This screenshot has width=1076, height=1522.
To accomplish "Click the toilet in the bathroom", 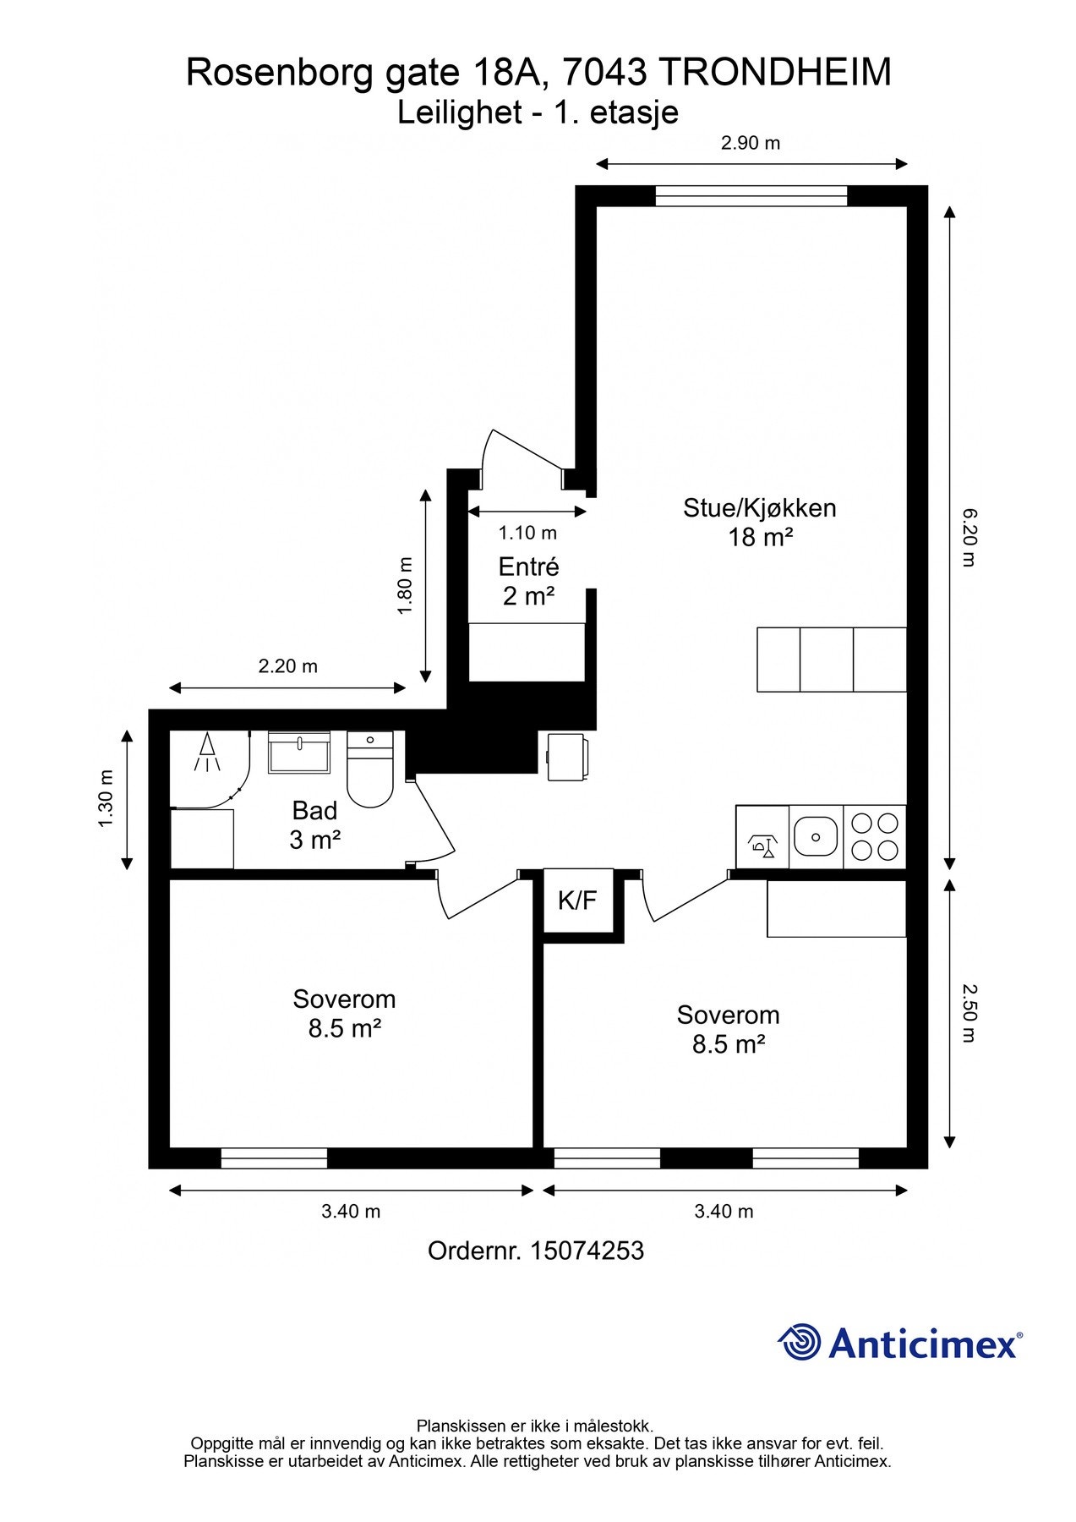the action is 370,769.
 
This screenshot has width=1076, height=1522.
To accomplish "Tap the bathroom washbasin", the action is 299,753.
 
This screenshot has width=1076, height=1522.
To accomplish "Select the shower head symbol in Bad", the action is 207,752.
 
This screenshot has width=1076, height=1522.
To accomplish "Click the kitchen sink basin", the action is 816,837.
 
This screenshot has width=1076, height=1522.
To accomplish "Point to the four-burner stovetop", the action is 875,836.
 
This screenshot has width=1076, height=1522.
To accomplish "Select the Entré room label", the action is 528,567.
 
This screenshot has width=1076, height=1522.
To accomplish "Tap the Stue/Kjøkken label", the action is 760,508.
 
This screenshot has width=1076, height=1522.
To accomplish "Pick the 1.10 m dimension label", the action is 527,533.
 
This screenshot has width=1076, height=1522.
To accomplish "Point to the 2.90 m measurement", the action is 751,143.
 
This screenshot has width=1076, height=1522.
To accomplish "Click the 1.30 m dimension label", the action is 105,798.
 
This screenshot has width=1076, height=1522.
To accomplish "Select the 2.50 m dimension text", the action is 969,1012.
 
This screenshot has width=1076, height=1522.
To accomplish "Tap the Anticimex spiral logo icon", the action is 800,1342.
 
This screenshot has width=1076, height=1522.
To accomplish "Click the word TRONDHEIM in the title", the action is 774,73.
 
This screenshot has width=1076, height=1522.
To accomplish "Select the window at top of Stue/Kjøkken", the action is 751,195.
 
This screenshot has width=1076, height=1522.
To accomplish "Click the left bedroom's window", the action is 274,1158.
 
